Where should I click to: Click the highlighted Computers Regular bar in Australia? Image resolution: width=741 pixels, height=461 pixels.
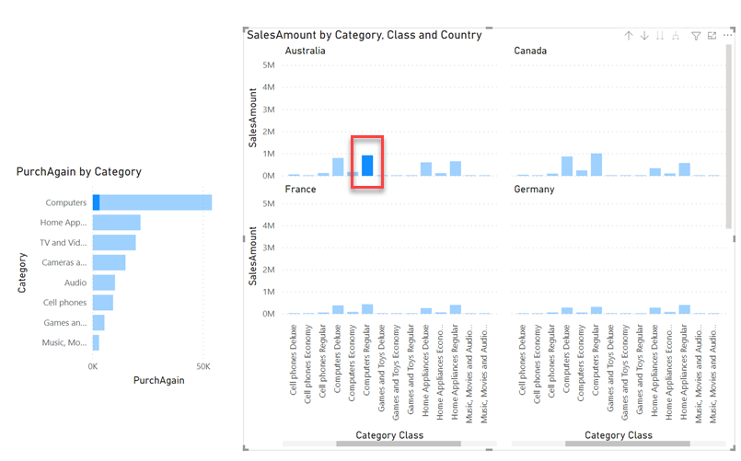367,166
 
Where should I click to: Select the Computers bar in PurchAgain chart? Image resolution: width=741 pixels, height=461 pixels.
152,202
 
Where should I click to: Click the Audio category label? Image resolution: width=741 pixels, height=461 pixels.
75,283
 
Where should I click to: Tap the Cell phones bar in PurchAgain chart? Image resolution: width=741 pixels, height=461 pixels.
102,303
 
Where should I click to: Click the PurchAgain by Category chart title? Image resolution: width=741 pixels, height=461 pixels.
78,172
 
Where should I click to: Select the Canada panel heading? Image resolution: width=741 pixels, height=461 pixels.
529,52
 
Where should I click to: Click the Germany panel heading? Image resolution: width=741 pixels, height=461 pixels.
535,190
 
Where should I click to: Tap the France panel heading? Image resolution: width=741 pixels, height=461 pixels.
301,190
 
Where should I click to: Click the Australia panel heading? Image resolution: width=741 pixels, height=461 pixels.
306,52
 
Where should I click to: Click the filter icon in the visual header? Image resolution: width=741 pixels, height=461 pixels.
696,36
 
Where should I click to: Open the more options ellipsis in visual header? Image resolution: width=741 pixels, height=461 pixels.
727,36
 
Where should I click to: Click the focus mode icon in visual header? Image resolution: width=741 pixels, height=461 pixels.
712,36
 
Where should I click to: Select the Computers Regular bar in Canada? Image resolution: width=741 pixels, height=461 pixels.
596,165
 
